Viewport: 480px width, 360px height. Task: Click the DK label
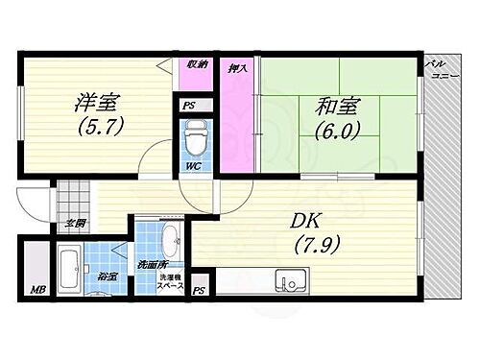pos(309,220)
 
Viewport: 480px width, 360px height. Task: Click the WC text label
pos(193,166)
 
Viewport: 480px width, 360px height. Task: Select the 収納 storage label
pos(197,65)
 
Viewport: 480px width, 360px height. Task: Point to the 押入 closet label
pos(236,69)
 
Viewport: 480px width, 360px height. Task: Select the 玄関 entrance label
pos(74,223)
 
